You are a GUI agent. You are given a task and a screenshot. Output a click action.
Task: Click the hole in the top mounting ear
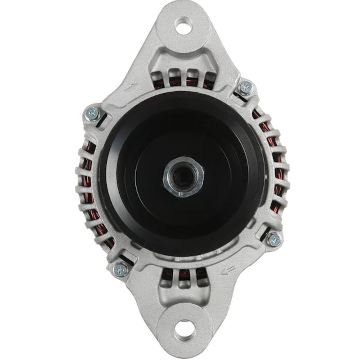click(x=183, y=25)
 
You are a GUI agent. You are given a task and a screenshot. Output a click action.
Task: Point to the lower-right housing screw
click(x=273, y=239)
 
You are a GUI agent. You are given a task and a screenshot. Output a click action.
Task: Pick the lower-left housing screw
click(x=120, y=269)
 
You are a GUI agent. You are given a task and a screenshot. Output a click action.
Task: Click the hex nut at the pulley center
click(x=183, y=177)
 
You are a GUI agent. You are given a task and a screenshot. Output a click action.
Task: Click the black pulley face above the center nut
click(x=183, y=135)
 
